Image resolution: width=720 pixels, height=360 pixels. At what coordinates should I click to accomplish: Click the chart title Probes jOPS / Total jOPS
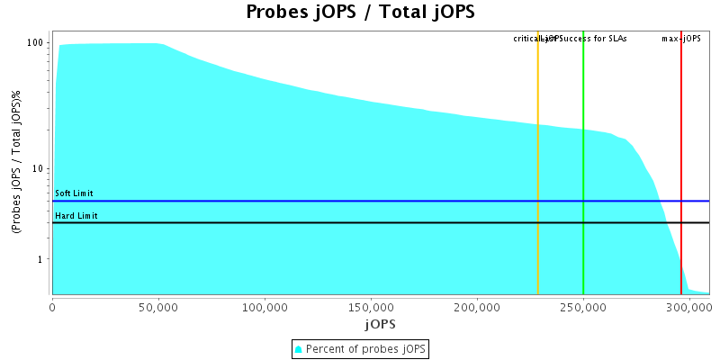click(360, 13)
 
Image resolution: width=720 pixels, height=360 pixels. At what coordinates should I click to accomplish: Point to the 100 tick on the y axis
click(36, 43)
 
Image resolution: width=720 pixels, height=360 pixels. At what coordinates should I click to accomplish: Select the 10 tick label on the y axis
click(39, 169)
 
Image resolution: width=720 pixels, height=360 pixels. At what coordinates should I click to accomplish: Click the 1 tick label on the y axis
click(41, 260)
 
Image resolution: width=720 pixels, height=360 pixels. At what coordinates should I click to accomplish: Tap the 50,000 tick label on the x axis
click(158, 307)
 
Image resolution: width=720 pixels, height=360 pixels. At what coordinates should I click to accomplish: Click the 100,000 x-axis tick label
click(265, 307)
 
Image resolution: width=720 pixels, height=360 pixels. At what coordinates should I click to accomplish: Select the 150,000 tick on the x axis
click(371, 307)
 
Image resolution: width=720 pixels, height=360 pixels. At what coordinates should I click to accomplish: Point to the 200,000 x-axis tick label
click(477, 307)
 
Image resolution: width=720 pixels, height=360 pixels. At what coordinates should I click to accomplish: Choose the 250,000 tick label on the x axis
click(583, 307)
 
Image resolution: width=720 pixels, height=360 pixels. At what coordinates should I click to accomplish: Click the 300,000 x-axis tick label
click(689, 307)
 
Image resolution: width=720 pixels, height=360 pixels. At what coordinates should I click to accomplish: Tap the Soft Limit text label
click(74, 193)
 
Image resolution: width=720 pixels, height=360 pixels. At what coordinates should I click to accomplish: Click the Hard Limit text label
click(76, 216)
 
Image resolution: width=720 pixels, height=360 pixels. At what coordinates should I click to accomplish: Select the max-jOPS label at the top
click(681, 39)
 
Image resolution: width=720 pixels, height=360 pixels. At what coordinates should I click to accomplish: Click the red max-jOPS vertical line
click(681, 135)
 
